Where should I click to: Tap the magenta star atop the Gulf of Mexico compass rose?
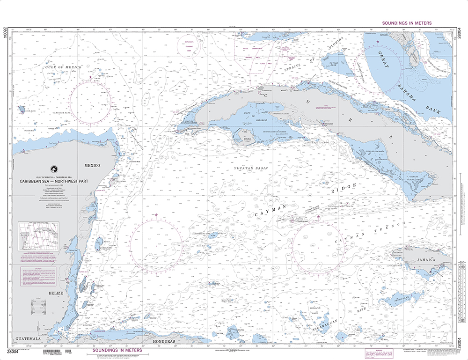click(x=91, y=77)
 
